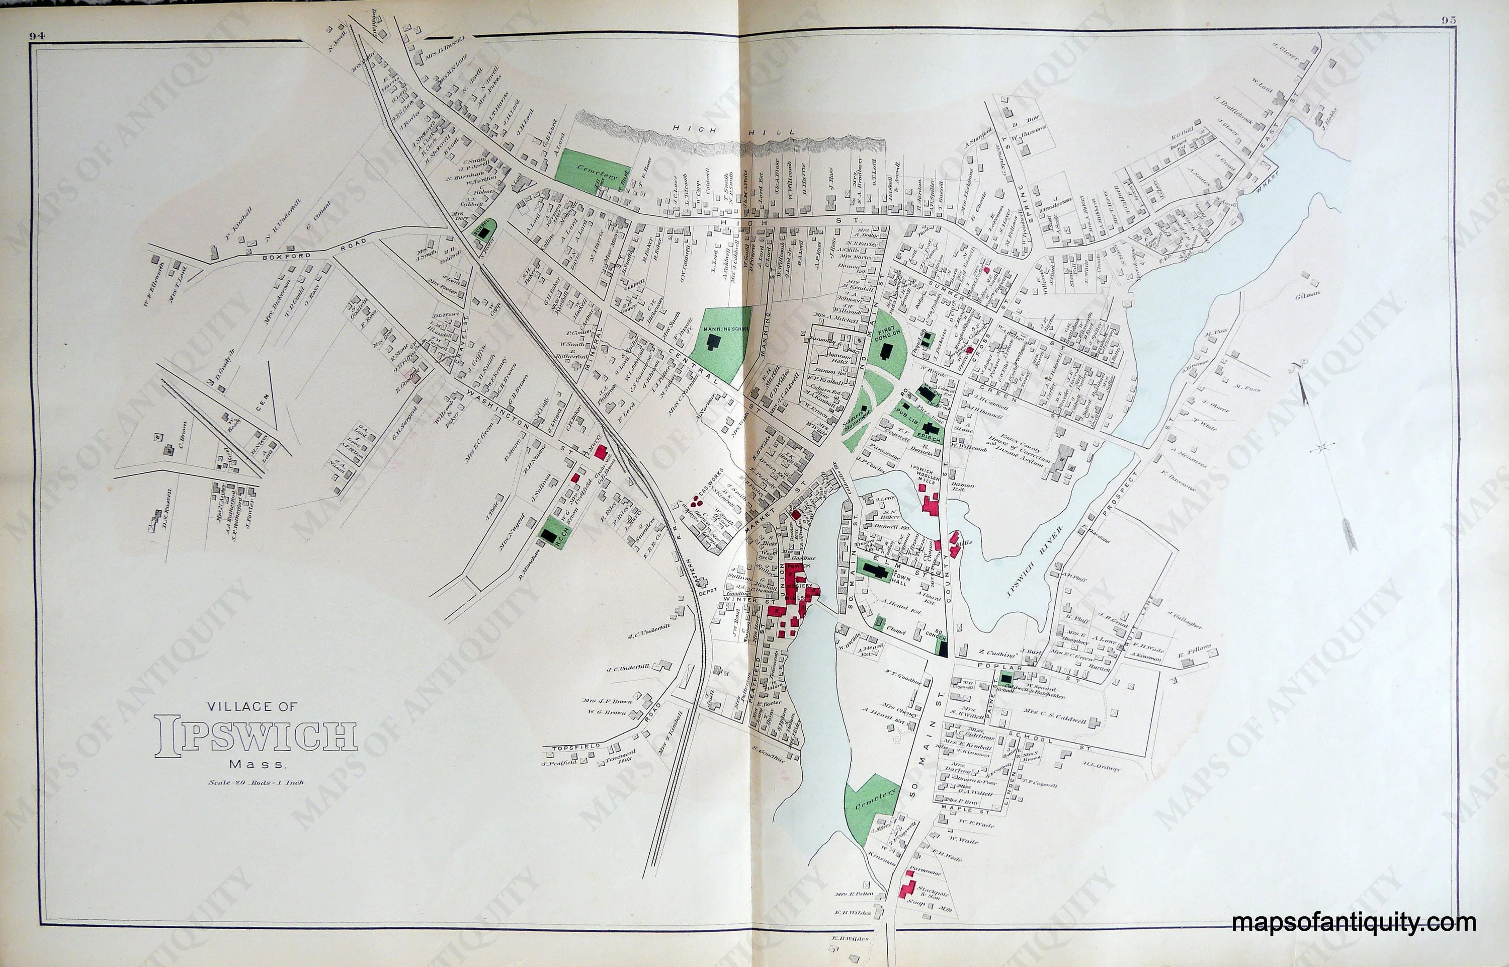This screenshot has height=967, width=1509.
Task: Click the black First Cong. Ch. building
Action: click(885, 349)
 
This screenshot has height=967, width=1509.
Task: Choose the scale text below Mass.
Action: click(256, 782)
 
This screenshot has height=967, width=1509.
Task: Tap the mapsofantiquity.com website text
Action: click(1354, 924)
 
